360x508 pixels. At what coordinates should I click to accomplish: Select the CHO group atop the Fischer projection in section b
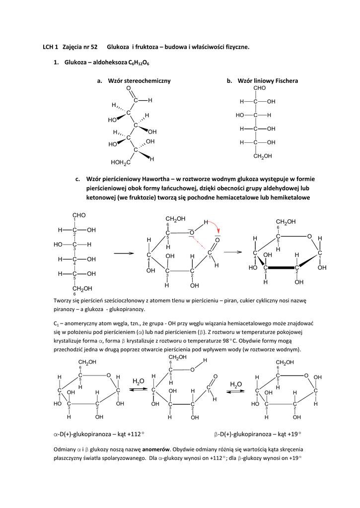260,88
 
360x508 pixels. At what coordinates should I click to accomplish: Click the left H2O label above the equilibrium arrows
138,381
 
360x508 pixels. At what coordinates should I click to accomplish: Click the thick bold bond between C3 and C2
281,267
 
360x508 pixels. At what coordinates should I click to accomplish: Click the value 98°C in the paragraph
235,341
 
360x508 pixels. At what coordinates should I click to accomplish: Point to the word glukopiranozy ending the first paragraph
127,309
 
